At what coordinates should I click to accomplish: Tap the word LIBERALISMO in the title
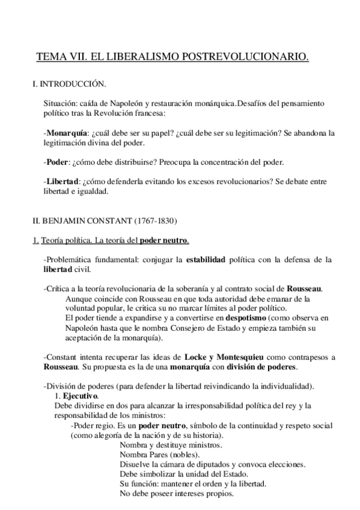(138, 58)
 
